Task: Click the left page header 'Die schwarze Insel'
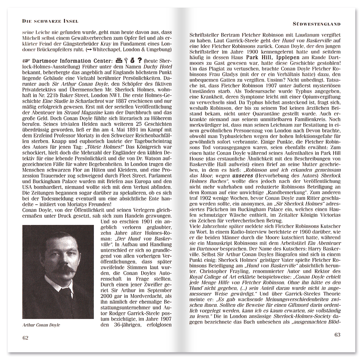50,21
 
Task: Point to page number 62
25,338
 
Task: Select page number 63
337,335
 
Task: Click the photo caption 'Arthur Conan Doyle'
41,325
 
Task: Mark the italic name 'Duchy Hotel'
158,67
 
